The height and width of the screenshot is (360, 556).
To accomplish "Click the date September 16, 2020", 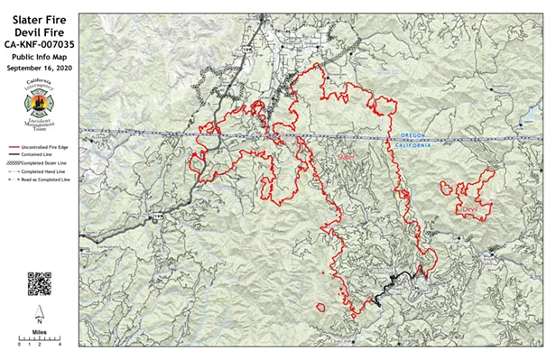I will pos(38,68).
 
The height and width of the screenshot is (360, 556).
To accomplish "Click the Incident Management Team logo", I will pos(38,106).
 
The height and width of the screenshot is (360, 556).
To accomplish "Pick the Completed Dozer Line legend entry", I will pos(42,162).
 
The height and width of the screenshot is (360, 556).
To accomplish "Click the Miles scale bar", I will pos(39,341).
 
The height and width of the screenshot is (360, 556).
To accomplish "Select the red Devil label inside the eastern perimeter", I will pos(468,209).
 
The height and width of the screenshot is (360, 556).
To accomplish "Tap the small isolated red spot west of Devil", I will pos(446,189).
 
